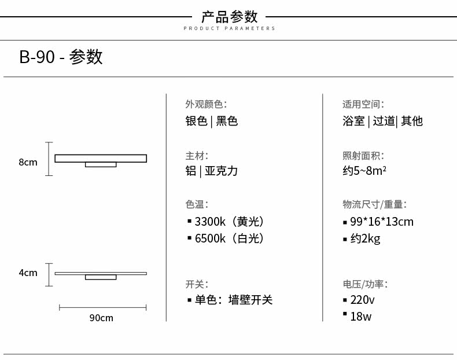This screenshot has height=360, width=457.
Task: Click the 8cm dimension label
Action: click(x=28, y=162)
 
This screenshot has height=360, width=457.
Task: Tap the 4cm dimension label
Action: click(x=28, y=273)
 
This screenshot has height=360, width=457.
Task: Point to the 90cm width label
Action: click(x=101, y=318)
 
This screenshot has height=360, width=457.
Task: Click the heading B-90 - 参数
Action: click(x=61, y=57)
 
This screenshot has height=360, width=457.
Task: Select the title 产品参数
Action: click(x=230, y=17)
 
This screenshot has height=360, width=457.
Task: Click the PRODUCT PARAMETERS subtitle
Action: click(x=230, y=28)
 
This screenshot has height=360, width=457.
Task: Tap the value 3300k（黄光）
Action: click(x=230, y=222)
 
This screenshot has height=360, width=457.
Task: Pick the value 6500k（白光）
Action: click(x=230, y=238)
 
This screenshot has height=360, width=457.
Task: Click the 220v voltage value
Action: click(x=362, y=300)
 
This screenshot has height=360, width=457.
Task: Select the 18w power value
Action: click(x=361, y=317)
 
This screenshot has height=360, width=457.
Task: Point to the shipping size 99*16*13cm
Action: click(x=382, y=222)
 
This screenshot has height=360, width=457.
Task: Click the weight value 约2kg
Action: click(x=365, y=238)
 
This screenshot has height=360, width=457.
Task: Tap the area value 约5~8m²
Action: click(x=364, y=171)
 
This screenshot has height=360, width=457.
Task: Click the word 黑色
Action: click(x=227, y=121)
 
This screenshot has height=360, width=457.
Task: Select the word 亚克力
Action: click(x=221, y=171)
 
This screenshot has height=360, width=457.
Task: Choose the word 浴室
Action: click(x=353, y=121)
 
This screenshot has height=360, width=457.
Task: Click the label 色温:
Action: click(x=197, y=204)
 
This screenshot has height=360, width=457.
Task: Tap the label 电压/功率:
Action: click(x=365, y=284)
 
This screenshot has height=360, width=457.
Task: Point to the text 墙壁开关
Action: click(x=250, y=300)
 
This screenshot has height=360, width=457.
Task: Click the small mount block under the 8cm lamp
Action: click(x=101, y=165)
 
